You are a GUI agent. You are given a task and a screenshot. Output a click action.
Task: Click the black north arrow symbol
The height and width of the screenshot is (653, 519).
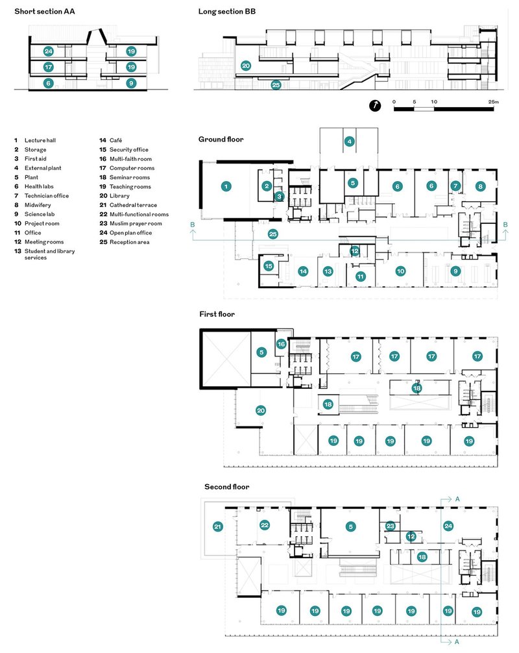(x=375, y=106)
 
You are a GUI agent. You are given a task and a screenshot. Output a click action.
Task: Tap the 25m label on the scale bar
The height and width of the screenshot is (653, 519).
(x=493, y=102)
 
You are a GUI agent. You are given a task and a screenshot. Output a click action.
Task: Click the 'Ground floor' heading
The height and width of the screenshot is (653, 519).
(x=221, y=139)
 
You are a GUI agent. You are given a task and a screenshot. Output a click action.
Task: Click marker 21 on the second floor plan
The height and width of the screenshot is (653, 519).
(x=218, y=526)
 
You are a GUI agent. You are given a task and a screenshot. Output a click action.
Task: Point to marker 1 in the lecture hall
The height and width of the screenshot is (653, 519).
(x=226, y=186)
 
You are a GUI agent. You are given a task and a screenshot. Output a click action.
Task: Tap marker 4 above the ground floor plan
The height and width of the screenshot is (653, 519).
(x=349, y=141)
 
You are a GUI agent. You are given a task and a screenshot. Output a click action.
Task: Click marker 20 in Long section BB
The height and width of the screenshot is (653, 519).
(x=246, y=66)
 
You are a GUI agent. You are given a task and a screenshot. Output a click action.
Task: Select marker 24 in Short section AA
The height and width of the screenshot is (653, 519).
(x=48, y=51)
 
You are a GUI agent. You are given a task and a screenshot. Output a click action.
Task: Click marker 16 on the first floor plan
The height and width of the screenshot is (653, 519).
(x=281, y=343)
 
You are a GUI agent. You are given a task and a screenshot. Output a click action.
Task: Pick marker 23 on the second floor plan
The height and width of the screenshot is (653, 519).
(x=390, y=526)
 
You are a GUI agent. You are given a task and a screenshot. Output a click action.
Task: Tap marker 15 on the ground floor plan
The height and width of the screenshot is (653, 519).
(x=269, y=265)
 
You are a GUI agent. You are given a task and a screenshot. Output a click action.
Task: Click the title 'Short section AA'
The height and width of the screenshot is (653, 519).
(x=45, y=11)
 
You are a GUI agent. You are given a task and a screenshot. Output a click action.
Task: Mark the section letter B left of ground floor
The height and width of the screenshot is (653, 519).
(x=192, y=225)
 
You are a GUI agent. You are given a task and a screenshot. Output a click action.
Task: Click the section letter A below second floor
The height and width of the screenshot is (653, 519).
(x=457, y=642)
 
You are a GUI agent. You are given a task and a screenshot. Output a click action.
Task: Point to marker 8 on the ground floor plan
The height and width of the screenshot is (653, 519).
(x=480, y=186)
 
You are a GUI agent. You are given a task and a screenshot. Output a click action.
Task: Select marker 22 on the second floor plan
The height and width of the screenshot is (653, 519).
(x=265, y=524)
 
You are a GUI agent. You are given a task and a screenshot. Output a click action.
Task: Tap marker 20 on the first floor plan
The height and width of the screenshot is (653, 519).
(x=261, y=410)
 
